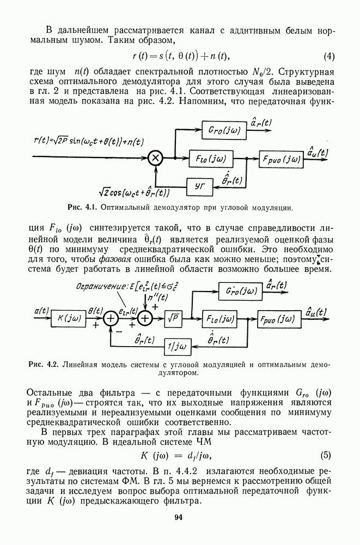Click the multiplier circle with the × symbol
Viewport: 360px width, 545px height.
156,158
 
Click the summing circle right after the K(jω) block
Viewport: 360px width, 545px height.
111,318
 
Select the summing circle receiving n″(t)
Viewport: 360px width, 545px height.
145,318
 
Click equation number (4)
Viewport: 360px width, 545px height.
329,56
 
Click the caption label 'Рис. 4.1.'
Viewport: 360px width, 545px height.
82,208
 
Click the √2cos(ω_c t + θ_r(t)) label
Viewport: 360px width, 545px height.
133,193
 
